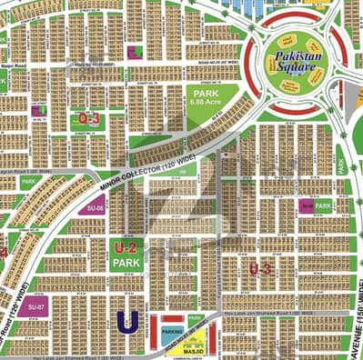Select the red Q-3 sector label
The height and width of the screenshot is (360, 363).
(x=88, y=118)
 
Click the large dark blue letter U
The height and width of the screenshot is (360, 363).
(x=126, y=321)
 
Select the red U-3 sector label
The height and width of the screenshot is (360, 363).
(x=259, y=268)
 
